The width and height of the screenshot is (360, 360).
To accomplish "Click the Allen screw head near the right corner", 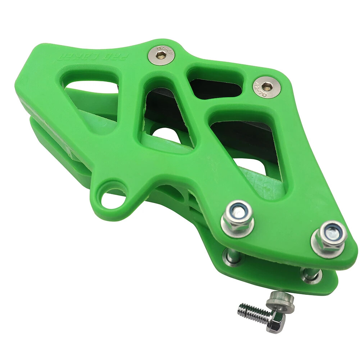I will click(x=266, y=86).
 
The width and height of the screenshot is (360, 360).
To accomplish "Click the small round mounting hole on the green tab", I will click(x=112, y=196).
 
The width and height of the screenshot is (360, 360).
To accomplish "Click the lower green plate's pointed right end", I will click(x=334, y=284).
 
